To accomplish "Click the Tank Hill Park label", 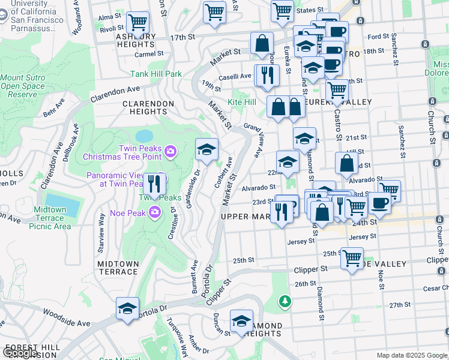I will pos(156,74).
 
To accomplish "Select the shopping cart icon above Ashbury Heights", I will pos(139,24).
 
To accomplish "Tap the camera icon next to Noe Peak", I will pos(155,212).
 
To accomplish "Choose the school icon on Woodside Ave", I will pos(127,310).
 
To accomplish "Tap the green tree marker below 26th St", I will pos(285,301).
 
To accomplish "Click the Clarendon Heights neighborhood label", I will pos(148,104).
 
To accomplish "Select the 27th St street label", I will pos(399,305).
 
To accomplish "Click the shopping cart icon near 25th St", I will pos(352,259).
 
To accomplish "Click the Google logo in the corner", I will pos(20,353).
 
